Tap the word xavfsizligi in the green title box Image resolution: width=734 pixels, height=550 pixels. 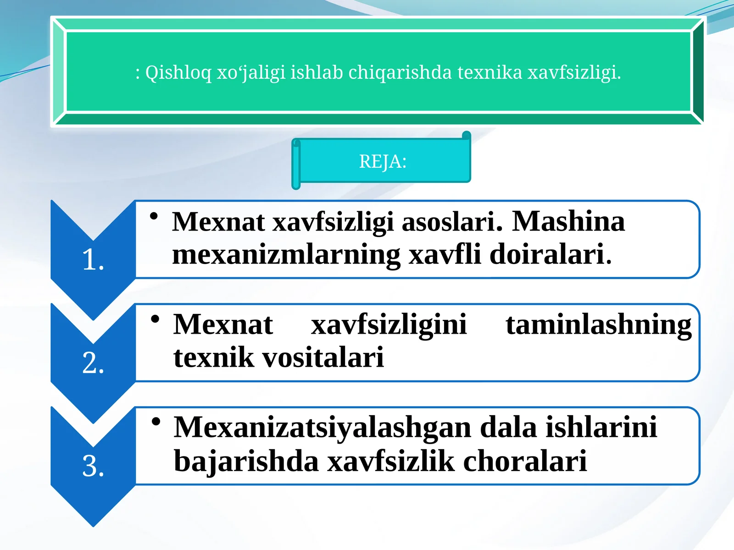574,72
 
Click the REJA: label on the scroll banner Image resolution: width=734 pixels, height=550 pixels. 383,162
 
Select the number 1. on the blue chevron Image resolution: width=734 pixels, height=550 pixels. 93,260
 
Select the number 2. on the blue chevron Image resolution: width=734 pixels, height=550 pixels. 93,363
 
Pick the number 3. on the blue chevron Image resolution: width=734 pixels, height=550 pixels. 93,466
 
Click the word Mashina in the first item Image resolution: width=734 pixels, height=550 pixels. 568,221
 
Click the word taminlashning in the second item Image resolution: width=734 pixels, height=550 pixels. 598,325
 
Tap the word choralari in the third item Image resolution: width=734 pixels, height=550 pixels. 525,461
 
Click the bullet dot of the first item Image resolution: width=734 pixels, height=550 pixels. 154,215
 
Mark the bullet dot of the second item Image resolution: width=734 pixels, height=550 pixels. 156,319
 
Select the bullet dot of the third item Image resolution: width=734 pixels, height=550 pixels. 156,421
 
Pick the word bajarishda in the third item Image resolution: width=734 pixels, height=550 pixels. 246,461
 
